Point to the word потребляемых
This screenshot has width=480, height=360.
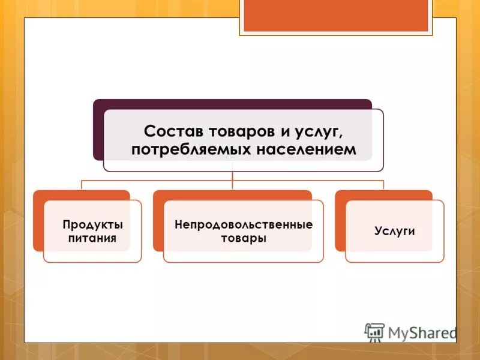[x=190, y=150]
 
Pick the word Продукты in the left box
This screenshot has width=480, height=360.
[x=92, y=225]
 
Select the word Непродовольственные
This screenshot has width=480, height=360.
[x=243, y=225]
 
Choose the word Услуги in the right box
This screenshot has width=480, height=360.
[x=395, y=231]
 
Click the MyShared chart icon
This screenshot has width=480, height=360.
[x=374, y=332]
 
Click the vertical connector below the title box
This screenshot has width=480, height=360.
[x=232, y=176]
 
